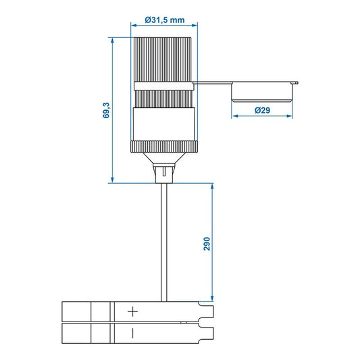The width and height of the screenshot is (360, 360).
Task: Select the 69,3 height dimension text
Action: coord(106,109)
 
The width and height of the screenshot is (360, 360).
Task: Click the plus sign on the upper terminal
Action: coord(133,311)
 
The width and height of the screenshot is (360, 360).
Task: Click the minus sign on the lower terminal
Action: coord(133,332)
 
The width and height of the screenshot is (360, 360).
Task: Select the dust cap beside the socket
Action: coord(263,91)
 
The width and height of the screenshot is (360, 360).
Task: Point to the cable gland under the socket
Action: coord(163,172)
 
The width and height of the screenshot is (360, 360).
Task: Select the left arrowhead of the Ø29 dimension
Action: coord(234,115)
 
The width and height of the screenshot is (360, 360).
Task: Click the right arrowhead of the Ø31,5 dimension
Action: coord(195,26)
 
